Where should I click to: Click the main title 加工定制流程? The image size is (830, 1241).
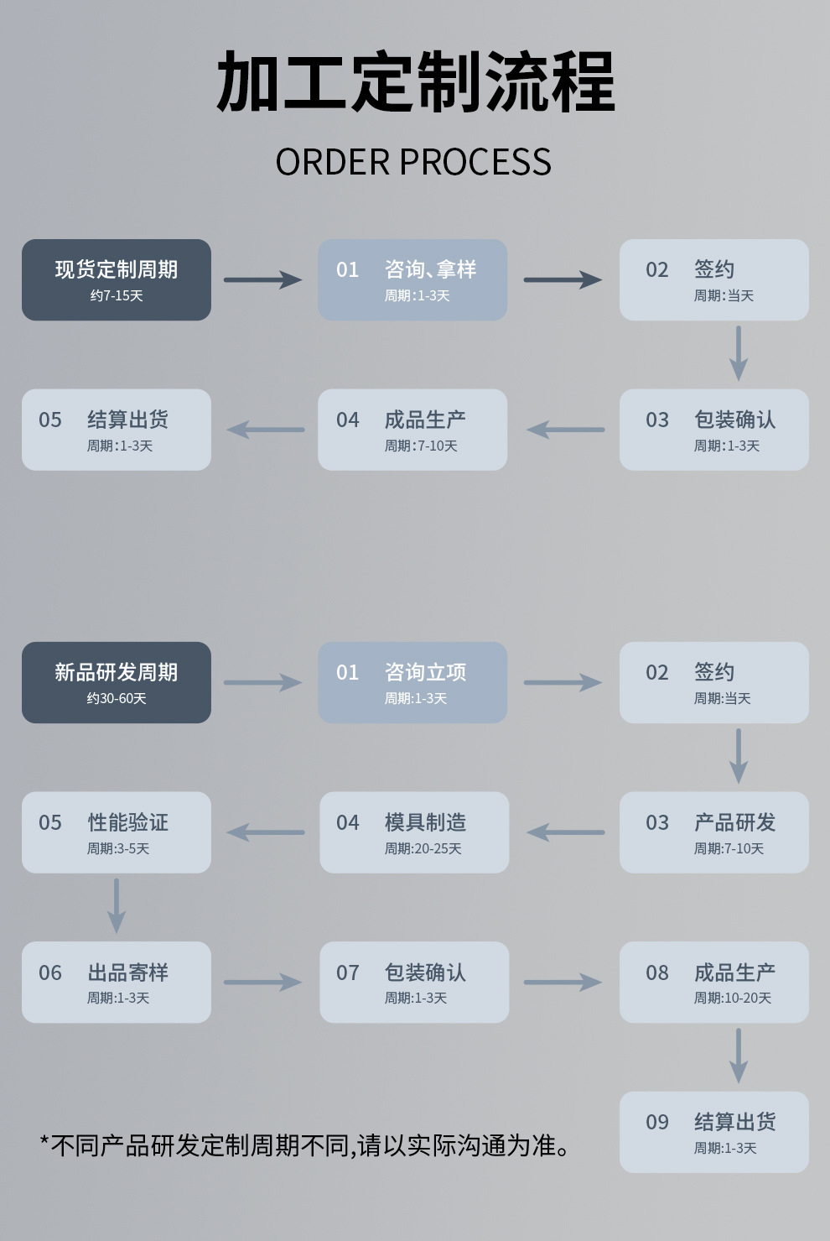point(415,82)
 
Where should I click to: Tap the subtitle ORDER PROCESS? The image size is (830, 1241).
point(413,162)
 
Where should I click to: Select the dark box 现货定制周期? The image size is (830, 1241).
point(117,279)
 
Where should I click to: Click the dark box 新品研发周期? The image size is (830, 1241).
point(117,682)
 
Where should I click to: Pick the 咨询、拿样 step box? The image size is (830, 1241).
point(412,279)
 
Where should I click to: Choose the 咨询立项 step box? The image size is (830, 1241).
point(412,682)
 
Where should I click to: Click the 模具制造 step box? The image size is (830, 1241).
point(414,832)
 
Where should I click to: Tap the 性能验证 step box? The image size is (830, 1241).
point(117,832)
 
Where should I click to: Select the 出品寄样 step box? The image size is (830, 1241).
point(117,982)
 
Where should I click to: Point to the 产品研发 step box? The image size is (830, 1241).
point(714,832)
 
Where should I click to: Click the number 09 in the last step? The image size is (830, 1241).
point(657,1123)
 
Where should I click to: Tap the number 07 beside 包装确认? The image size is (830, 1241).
point(348,973)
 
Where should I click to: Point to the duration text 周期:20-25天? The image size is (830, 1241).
point(423,849)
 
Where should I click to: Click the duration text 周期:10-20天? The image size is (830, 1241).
point(733,999)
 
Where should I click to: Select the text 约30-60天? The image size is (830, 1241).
point(117,699)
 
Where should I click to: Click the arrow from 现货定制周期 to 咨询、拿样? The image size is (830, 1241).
point(262,279)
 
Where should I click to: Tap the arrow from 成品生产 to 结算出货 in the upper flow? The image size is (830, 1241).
point(266,430)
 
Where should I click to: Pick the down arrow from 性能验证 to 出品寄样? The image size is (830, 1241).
point(117,906)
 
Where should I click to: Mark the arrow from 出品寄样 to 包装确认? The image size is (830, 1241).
point(262,982)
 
